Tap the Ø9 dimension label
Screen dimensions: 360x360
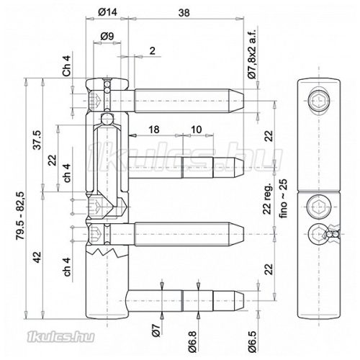click(105, 35)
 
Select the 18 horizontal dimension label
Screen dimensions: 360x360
click(154, 128)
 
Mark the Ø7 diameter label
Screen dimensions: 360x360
click(156, 333)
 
